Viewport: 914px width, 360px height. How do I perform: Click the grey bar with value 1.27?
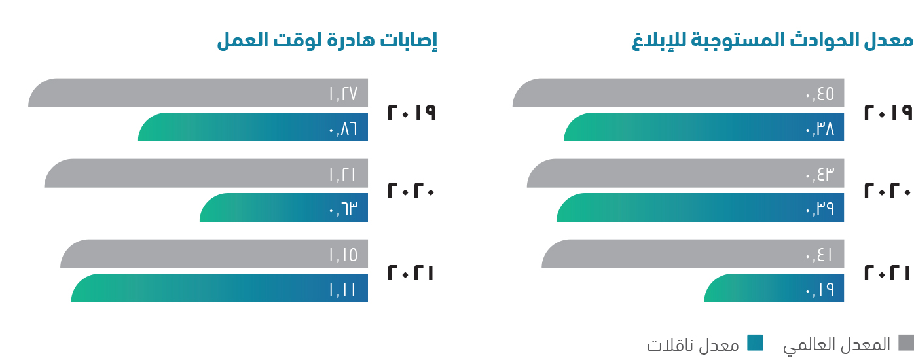coord(198,92)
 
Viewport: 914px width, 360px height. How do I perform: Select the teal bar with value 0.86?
coord(253,127)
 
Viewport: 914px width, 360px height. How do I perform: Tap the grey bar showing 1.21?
coord(206,173)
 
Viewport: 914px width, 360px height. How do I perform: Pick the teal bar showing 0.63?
coord(283,207)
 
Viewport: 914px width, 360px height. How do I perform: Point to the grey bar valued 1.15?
coord(214,253)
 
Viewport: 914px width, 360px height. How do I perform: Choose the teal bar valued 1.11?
coord(219,288)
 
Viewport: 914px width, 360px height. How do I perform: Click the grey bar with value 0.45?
coord(678,92)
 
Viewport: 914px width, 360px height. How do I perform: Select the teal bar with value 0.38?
coord(704,127)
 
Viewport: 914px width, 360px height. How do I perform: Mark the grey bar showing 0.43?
coord(685,173)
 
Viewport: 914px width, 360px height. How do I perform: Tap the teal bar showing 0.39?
coord(700,207)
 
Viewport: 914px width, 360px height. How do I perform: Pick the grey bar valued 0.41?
coord(693,253)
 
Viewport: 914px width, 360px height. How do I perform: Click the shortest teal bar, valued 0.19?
coord(774,288)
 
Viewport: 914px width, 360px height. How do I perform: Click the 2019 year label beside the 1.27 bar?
coord(412,112)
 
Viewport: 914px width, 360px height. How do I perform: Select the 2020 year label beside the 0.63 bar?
coord(411,191)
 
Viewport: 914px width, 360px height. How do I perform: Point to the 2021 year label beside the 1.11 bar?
coord(411,272)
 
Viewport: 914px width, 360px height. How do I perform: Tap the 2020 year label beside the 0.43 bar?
coord(888,191)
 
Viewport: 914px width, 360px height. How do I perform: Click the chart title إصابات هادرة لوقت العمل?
coord(327,41)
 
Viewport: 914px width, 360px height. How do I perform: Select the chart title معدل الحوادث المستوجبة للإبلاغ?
coord(773,41)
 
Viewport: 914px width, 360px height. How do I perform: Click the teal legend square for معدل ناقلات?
coord(755,343)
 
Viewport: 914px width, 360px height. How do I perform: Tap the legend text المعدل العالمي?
coord(837,345)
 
